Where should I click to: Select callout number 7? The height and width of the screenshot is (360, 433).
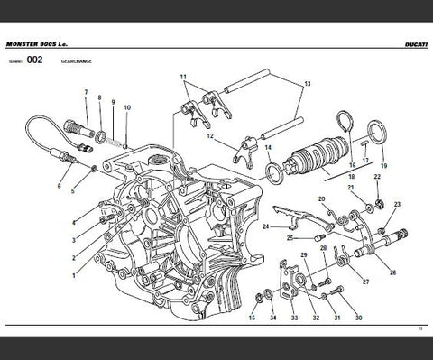click(x=87, y=93)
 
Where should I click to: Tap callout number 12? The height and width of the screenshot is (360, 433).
click(x=209, y=137)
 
